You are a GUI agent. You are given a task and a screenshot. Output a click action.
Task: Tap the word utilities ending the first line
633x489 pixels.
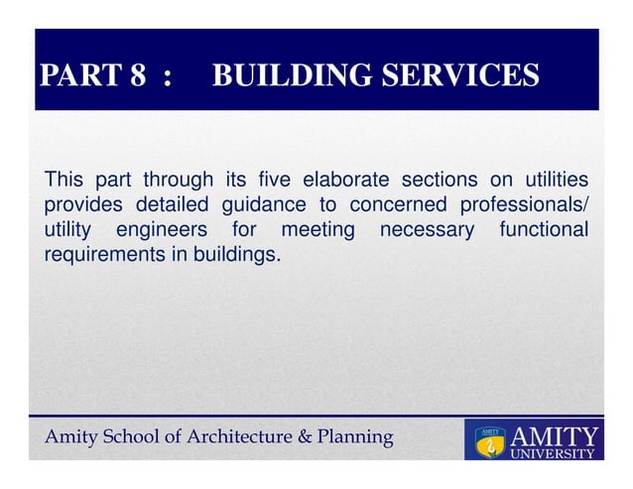pyautogui.click(x=547, y=181)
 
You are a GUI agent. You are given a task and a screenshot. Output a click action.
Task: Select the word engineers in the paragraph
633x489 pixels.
pyautogui.click(x=163, y=231)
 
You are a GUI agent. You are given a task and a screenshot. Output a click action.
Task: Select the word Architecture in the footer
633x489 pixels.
pyautogui.click(x=246, y=437)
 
